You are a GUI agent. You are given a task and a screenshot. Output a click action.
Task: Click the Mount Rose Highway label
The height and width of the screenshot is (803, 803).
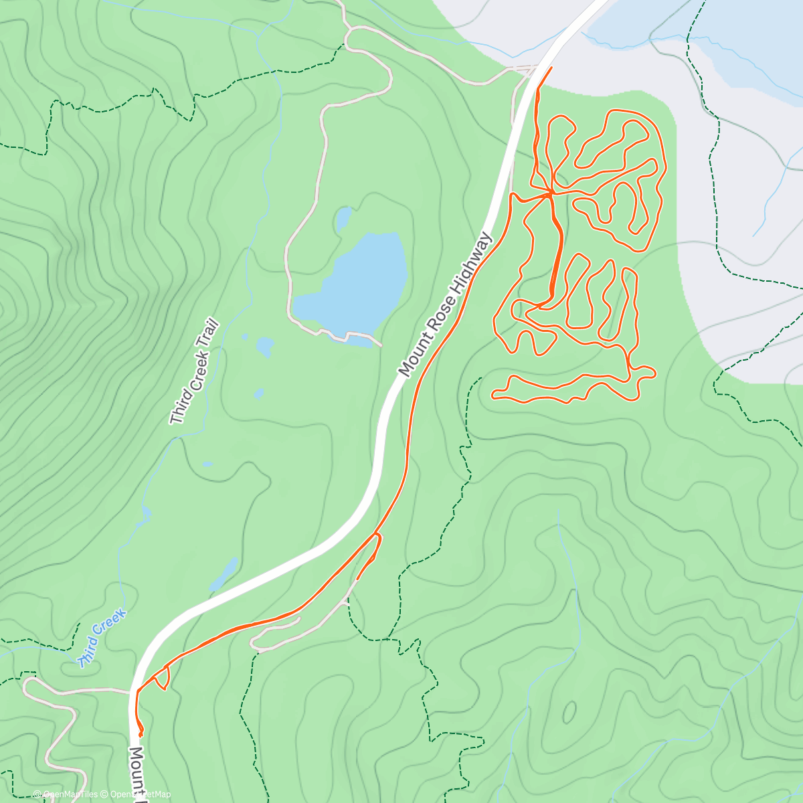pyautogui.click(x=446, y=304)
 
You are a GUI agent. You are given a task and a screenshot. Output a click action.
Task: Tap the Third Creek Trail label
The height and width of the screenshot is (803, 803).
pyautogui.click(x=194, y=372)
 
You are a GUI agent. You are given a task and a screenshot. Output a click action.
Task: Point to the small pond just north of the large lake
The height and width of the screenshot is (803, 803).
pyautogui.click(x=343, y=218)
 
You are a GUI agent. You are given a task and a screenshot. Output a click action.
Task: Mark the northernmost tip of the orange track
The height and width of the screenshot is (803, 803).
pyautogui.click(x=551, y=68)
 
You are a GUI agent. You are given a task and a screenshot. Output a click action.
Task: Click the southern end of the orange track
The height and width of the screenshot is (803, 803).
pyautogui.click(x=141, y=735)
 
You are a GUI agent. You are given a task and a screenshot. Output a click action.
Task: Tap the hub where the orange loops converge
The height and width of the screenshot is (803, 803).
pyautogui.click(x=551, y=193)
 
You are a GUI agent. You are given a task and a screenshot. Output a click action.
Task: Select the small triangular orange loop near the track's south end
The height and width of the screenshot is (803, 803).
pyautogui.click(x=161, y=680)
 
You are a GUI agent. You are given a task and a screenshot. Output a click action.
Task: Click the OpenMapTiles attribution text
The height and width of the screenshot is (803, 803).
pyautogui.click(x=65, y=794)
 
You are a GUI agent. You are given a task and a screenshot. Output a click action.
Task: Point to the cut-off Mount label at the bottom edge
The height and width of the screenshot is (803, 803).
pyautogui.click(x=137, y=773)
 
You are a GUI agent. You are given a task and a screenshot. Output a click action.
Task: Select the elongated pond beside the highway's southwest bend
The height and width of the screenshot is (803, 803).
pyautogui.click(x=225, y=573)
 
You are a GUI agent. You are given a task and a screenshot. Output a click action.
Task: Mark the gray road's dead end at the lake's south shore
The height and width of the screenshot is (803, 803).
pyautogui.click(x=381, y=345)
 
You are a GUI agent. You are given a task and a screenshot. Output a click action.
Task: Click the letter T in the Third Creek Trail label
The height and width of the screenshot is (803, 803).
pyautogui.click(x=177, y=419)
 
